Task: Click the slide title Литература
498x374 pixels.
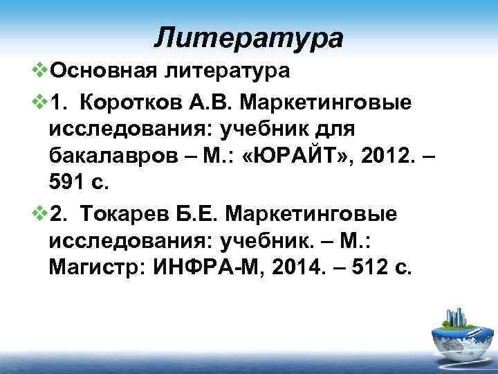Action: [x=248, y=37]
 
